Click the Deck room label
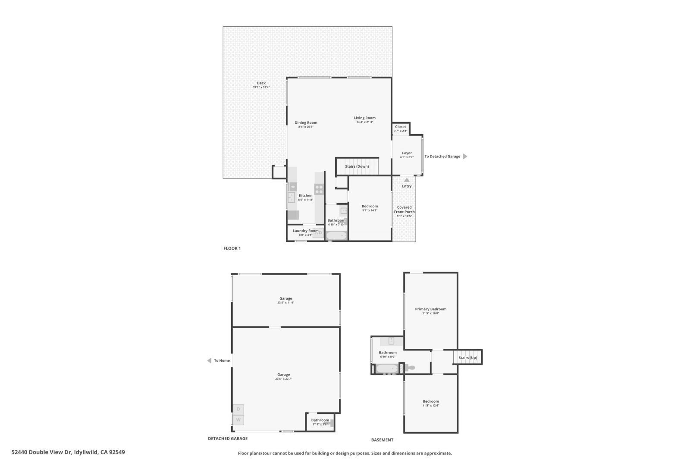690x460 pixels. click(x=261, y=83)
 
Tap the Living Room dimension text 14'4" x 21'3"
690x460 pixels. click(x=364, y=122)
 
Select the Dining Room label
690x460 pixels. click(x=306, y=122)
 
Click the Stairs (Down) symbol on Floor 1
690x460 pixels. click(x=357, y=166)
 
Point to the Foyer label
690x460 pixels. click(x=407, y=153)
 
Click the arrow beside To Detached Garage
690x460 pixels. click(x=465, y=156)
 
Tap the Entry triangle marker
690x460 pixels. click(x=407, y=180)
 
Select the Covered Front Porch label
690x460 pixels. click(x=404, y=210)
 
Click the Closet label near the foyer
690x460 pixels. click(x=400, y=127)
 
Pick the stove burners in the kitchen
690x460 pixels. click(x=319, y=189)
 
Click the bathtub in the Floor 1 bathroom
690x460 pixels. click(x=336, y=235)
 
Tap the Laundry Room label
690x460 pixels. click(x=305, y=231)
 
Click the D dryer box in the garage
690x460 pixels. click(x=238, y=409)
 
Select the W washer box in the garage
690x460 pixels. click(x=238, y=419)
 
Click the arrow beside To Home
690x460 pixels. click(x=209, y=361)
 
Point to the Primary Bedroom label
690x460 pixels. click(x=430, y=309)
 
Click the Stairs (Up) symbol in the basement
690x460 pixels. click(x=467, y=357)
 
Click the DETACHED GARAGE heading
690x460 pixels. click(x=228, y=438)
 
